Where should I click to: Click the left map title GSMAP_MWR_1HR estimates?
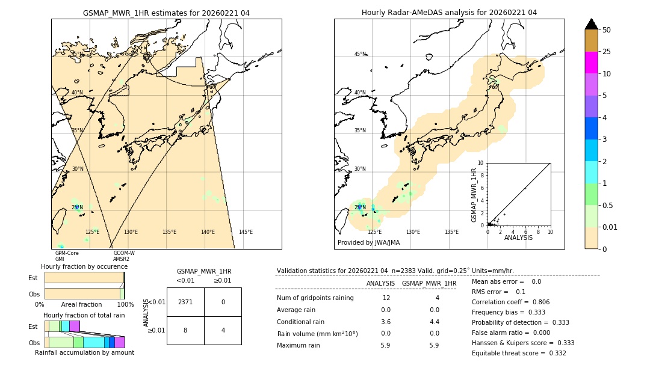pyautogui.click(x=166, y=13)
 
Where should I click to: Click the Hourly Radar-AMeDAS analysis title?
pyautogui.click(x=449, y=13)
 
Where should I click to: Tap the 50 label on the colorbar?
pyautogui.click(x=607, y=30)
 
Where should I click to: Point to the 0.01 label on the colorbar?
pyautogui.click(x=610, y=227)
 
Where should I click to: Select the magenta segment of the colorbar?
pyautogui.click(x=592, y=63)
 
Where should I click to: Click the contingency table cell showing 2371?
pyautogui.click(x=185, y=302)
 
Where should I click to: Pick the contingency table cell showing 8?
pyautogui.click(x=185, y=330)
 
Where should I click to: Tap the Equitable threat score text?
pyautogui.click(x=519, y=353)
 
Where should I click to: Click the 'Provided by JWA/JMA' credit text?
pyautogui.click(x=368, y=243)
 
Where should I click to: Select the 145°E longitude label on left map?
pyautogui.click(x=246, y=232)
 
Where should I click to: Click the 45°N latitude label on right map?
pyautogui.click(x=360, y=54)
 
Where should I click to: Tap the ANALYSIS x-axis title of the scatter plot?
pyautogui.click(x=518, y=238)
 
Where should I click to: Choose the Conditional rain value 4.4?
pyautogui.click(x=434, y=322)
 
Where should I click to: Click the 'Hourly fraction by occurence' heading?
pyautogui.click(x=84, y=266)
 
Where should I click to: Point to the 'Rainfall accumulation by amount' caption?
pyautogui.click(x=85, y=352)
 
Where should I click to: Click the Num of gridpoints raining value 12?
pyautogui.click(x=386, y=298)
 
